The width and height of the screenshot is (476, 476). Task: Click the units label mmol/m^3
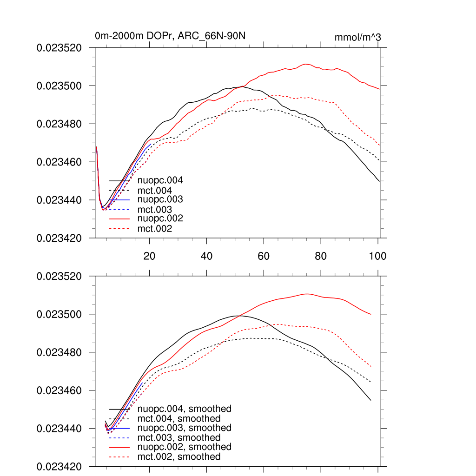coord(357,37)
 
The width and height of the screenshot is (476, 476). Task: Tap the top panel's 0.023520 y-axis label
coord(59,48)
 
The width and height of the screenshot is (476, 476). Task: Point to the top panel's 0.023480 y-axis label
coord(59,124)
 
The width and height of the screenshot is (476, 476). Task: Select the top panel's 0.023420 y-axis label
coord(59,238)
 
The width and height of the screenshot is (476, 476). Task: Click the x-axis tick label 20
coord(149,256)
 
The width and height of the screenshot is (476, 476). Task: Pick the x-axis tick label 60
coord(264,256)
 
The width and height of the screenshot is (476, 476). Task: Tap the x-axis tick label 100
coord(377,256)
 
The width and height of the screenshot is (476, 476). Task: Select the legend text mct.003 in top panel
coord(154,210)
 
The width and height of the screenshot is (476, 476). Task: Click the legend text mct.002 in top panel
coord(154,229)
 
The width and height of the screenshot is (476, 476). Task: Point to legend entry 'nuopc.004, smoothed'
coord(184,409)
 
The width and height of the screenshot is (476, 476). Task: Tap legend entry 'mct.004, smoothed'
coord(178,419)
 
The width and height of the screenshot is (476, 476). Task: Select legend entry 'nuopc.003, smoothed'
coord(184,428)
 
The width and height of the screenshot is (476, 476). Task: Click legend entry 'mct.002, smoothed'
coord(178,457)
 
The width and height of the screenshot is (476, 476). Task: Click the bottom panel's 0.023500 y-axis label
coord(59,315)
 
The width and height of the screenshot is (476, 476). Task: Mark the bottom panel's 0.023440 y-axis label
coord(59,429)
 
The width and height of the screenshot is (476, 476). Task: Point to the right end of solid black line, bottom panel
coord(370,400)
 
